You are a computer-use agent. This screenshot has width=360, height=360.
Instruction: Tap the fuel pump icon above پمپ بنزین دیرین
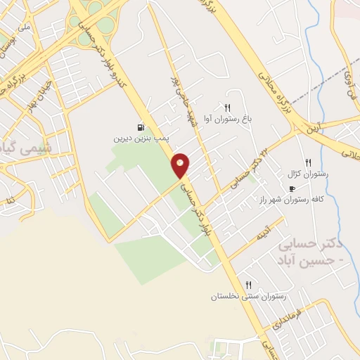pyautogui.click(x=143, y=128)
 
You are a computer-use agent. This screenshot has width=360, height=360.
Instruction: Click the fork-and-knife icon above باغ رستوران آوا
pyautogui.click(x=227, y=108)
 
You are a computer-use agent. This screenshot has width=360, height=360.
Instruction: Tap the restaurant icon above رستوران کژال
pyautogui.click(x=307, y=162)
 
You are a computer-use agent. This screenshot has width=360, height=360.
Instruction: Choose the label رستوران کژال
pyautogui.click(x=304, y=174)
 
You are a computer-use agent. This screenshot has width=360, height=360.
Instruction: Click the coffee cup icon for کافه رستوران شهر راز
pyautogui.click(x=292, y=188)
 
